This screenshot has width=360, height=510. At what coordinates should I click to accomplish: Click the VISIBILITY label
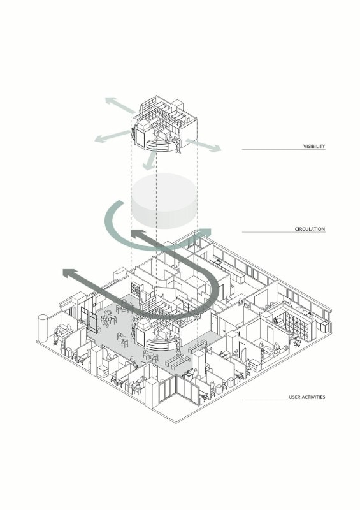[x=314, y=147]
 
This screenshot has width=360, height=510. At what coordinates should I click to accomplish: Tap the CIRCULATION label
[x=310, y=229]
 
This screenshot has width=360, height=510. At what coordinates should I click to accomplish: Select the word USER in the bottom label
[x=295, y=397]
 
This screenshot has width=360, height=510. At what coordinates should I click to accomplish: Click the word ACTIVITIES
[x=314, y=397]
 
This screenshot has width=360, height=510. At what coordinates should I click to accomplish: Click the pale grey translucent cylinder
[x=164, y=201]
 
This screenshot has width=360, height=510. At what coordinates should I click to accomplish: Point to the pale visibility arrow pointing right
[x=204, y=145]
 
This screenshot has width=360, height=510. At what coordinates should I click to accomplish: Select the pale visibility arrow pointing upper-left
[x=120, y=105]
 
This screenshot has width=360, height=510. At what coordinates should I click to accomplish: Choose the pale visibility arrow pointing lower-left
[x=112, y=136]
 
